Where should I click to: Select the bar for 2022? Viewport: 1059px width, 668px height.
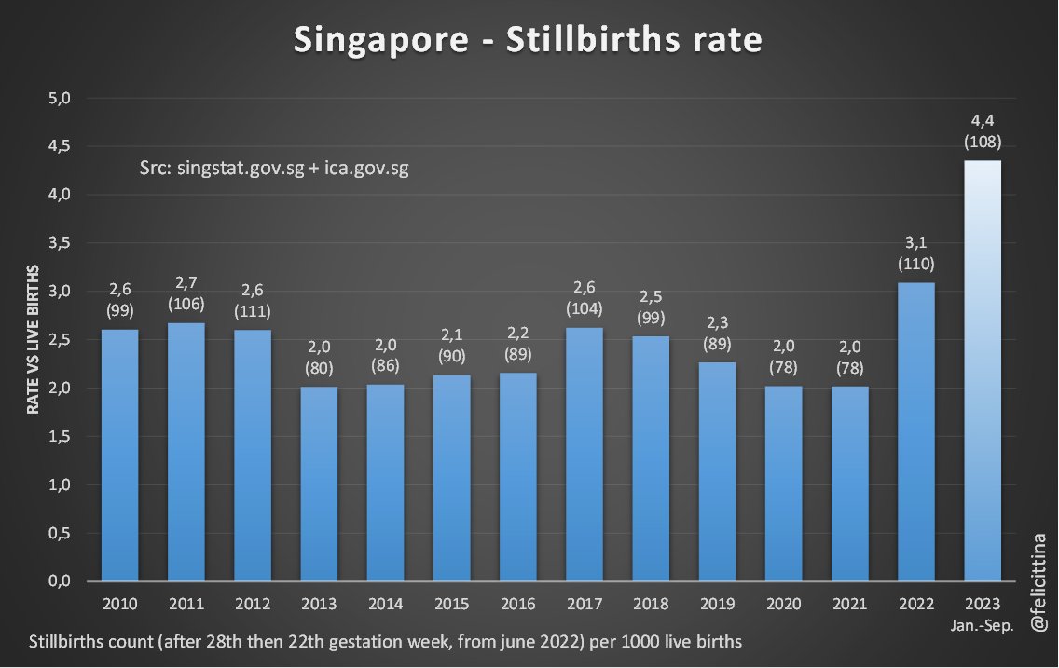point(915,433)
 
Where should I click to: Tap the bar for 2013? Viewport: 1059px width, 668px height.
point(318,484)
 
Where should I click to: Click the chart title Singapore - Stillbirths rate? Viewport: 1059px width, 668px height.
point(528,40)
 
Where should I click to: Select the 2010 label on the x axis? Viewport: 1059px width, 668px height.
point(120,604)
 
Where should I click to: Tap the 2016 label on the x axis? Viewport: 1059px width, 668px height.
point(518,604)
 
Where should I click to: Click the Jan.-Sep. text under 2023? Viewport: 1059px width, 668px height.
point(983,622)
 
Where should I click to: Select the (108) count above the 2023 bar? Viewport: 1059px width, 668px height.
point(983,143)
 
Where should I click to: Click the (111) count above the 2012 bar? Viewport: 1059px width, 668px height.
point(253,311)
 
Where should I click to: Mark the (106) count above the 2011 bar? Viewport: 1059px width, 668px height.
point(186,304)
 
